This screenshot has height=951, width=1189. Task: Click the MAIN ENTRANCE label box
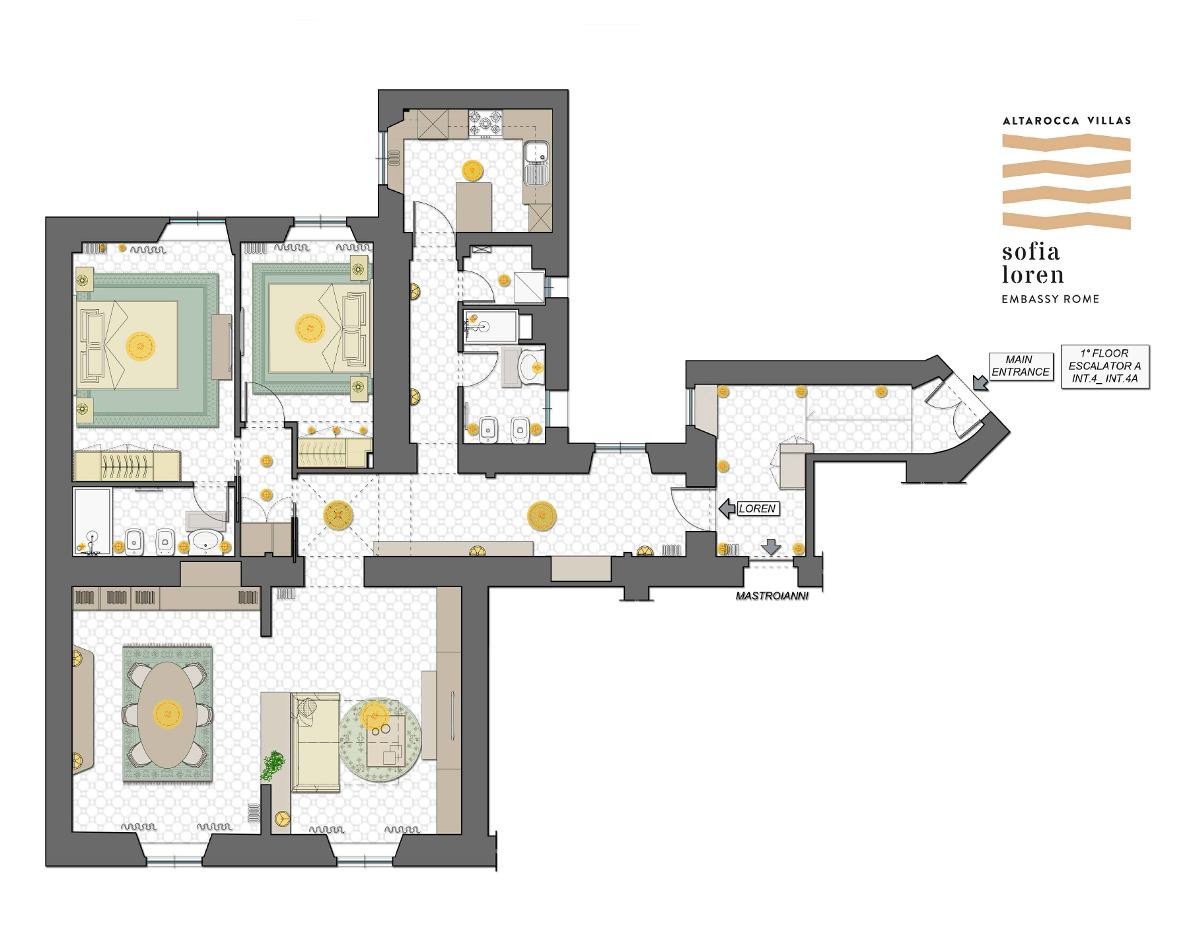1021,366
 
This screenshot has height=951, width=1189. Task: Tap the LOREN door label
758,509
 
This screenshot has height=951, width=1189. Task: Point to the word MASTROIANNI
772,596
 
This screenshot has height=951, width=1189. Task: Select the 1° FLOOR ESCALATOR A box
1105,366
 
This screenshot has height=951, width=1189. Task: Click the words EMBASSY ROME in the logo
1050,299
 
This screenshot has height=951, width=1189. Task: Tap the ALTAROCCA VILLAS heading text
1067,121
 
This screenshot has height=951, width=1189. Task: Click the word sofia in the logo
1031,252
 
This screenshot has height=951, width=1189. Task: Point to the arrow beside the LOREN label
727,509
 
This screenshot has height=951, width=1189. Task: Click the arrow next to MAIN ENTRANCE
980,382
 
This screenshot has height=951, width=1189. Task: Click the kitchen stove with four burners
485,123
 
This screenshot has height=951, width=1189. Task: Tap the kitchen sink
536,163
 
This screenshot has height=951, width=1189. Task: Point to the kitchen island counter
474,207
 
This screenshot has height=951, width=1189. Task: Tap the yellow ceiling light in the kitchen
472,170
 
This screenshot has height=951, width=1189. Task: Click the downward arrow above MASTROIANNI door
771,547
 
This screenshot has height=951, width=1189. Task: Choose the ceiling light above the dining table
167,714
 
